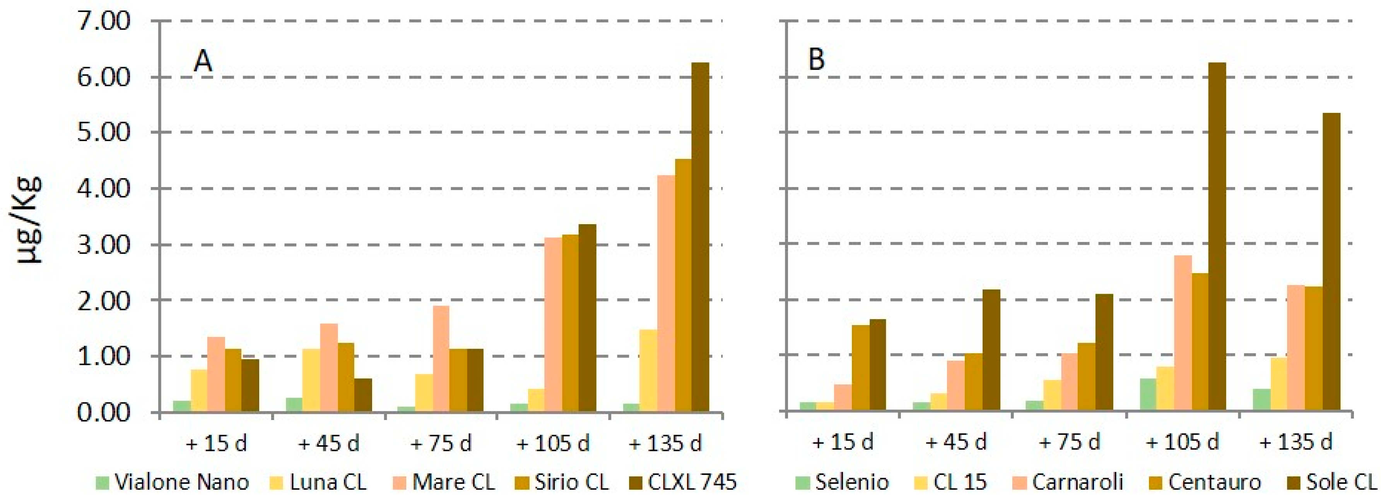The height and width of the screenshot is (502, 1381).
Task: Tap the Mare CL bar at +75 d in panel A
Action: coord(441,359)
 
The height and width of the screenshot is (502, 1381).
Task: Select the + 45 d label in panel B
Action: coord(956,442)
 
